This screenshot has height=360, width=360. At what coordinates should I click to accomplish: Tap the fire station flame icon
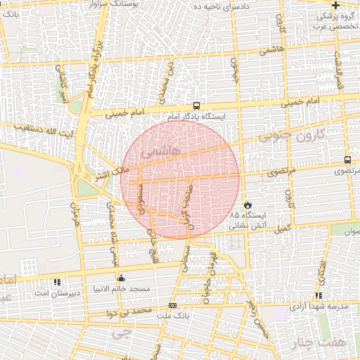pyautogui.click(x=247, y=204)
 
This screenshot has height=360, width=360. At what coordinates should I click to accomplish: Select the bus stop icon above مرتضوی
pyautogui.click(x=348, y=160)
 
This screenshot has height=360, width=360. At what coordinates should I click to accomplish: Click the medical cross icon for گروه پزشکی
pyautogui.click(x=336, y=5)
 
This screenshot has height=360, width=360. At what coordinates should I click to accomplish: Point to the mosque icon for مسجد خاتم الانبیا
pyautogui.click(x=122, y=278)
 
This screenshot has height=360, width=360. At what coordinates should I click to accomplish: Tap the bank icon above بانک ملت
pyautogui.click(x=172, y=306)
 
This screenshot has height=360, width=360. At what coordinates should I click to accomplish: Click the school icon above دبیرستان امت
pyautogui.click(x=56, y=281)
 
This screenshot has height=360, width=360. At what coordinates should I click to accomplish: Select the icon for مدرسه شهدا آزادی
pyautogui.click(x=319, y=296)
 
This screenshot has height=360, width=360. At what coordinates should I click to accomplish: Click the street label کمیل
pyautogui.click(x=281, y=228)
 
